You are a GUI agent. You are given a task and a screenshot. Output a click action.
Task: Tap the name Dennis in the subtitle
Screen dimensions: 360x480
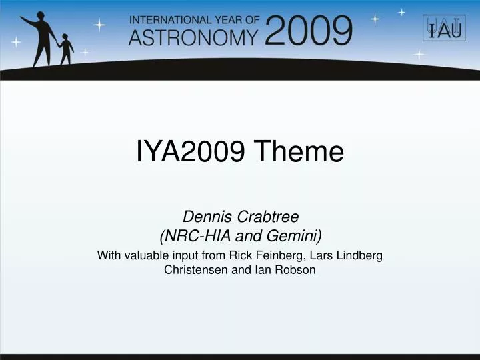[x=203, y=216]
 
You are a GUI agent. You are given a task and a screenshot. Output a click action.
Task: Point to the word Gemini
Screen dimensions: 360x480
[x=295, y=235]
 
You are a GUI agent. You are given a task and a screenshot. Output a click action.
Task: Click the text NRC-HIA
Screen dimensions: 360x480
[x=192, y=235]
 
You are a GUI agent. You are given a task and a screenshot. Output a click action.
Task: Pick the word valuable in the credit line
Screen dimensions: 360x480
[x=148, y=255]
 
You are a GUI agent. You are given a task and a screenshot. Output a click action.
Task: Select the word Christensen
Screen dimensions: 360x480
[x=198, y=270]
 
